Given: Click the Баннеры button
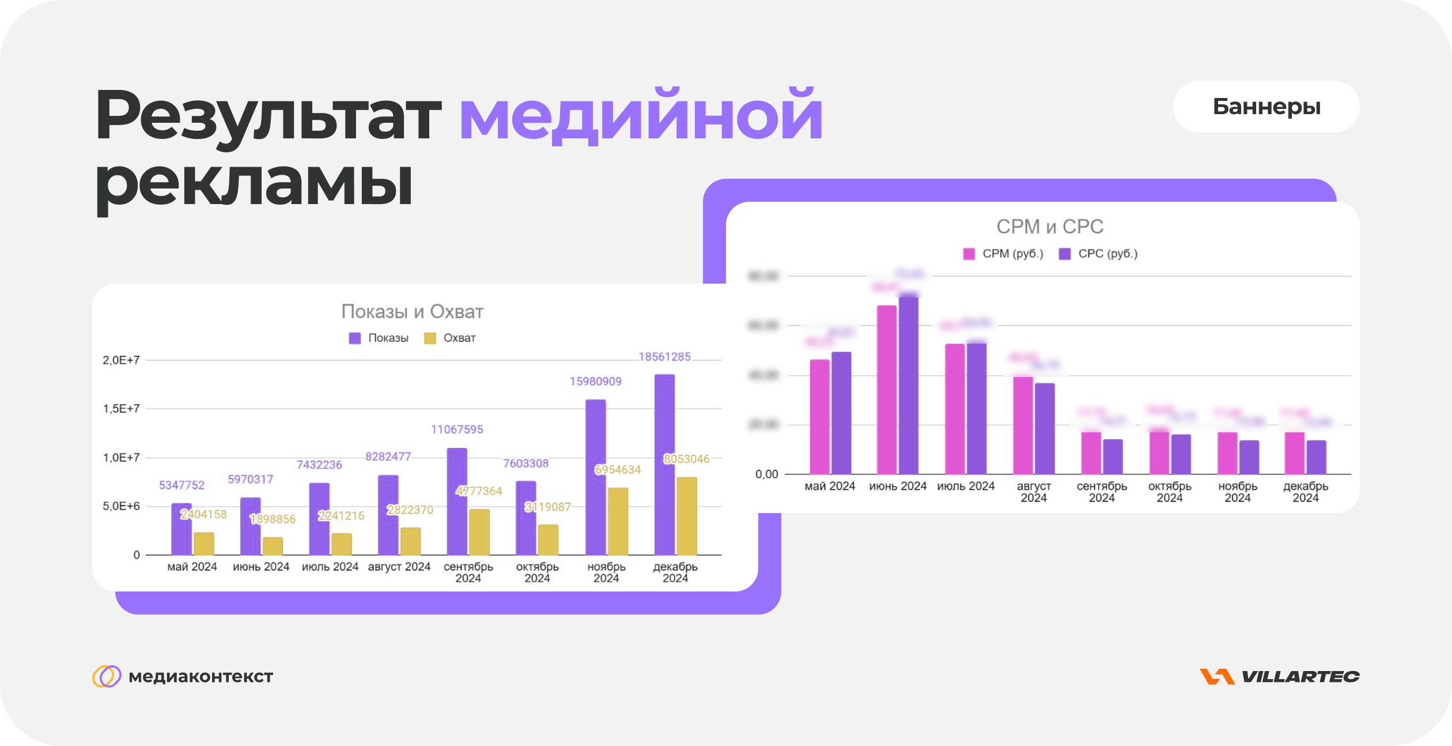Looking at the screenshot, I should (x=1266, y=107).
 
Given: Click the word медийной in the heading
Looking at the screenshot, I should (x=641, y=115).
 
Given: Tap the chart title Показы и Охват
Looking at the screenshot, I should (x=412, y=311).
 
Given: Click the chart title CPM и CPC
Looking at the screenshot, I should (x=1050, y=227).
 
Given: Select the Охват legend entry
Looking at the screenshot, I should (x=451, y=338).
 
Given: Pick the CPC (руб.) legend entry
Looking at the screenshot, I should (x=1099, y=254).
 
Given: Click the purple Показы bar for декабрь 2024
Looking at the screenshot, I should (x=664, y=464).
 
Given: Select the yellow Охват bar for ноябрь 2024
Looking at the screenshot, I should (x=618, y=521).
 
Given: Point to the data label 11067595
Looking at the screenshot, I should (x=457, y=429).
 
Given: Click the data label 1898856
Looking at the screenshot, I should (x=273, y=519).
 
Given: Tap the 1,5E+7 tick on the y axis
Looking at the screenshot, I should (x=121, y=409).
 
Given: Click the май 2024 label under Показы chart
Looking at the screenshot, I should (x=192, y=567).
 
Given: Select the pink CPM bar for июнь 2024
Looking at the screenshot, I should (x=887, y=390).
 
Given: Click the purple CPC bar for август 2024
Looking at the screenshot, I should (x=1045, y=428).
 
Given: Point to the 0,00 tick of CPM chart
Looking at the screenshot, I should (x=766, y=474).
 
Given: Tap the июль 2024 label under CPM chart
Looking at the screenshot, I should (x=966, y=486).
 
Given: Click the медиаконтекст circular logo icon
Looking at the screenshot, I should (x=107, y=676).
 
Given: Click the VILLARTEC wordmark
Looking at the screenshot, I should (x=1300, y=676).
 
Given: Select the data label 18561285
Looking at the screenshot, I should (x=664, y=357).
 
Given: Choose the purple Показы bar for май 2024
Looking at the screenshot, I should (x=181, y=529).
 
